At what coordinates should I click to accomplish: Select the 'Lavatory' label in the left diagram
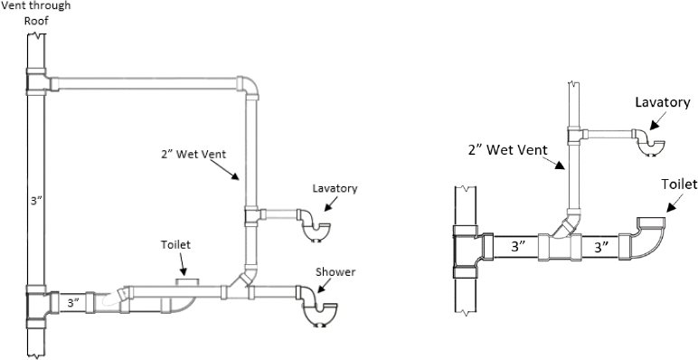point(335,188)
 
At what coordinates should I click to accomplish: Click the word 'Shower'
point(336,272)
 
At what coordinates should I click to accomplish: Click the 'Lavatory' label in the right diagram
point(662,101)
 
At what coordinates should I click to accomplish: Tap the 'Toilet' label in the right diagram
point(678,184)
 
